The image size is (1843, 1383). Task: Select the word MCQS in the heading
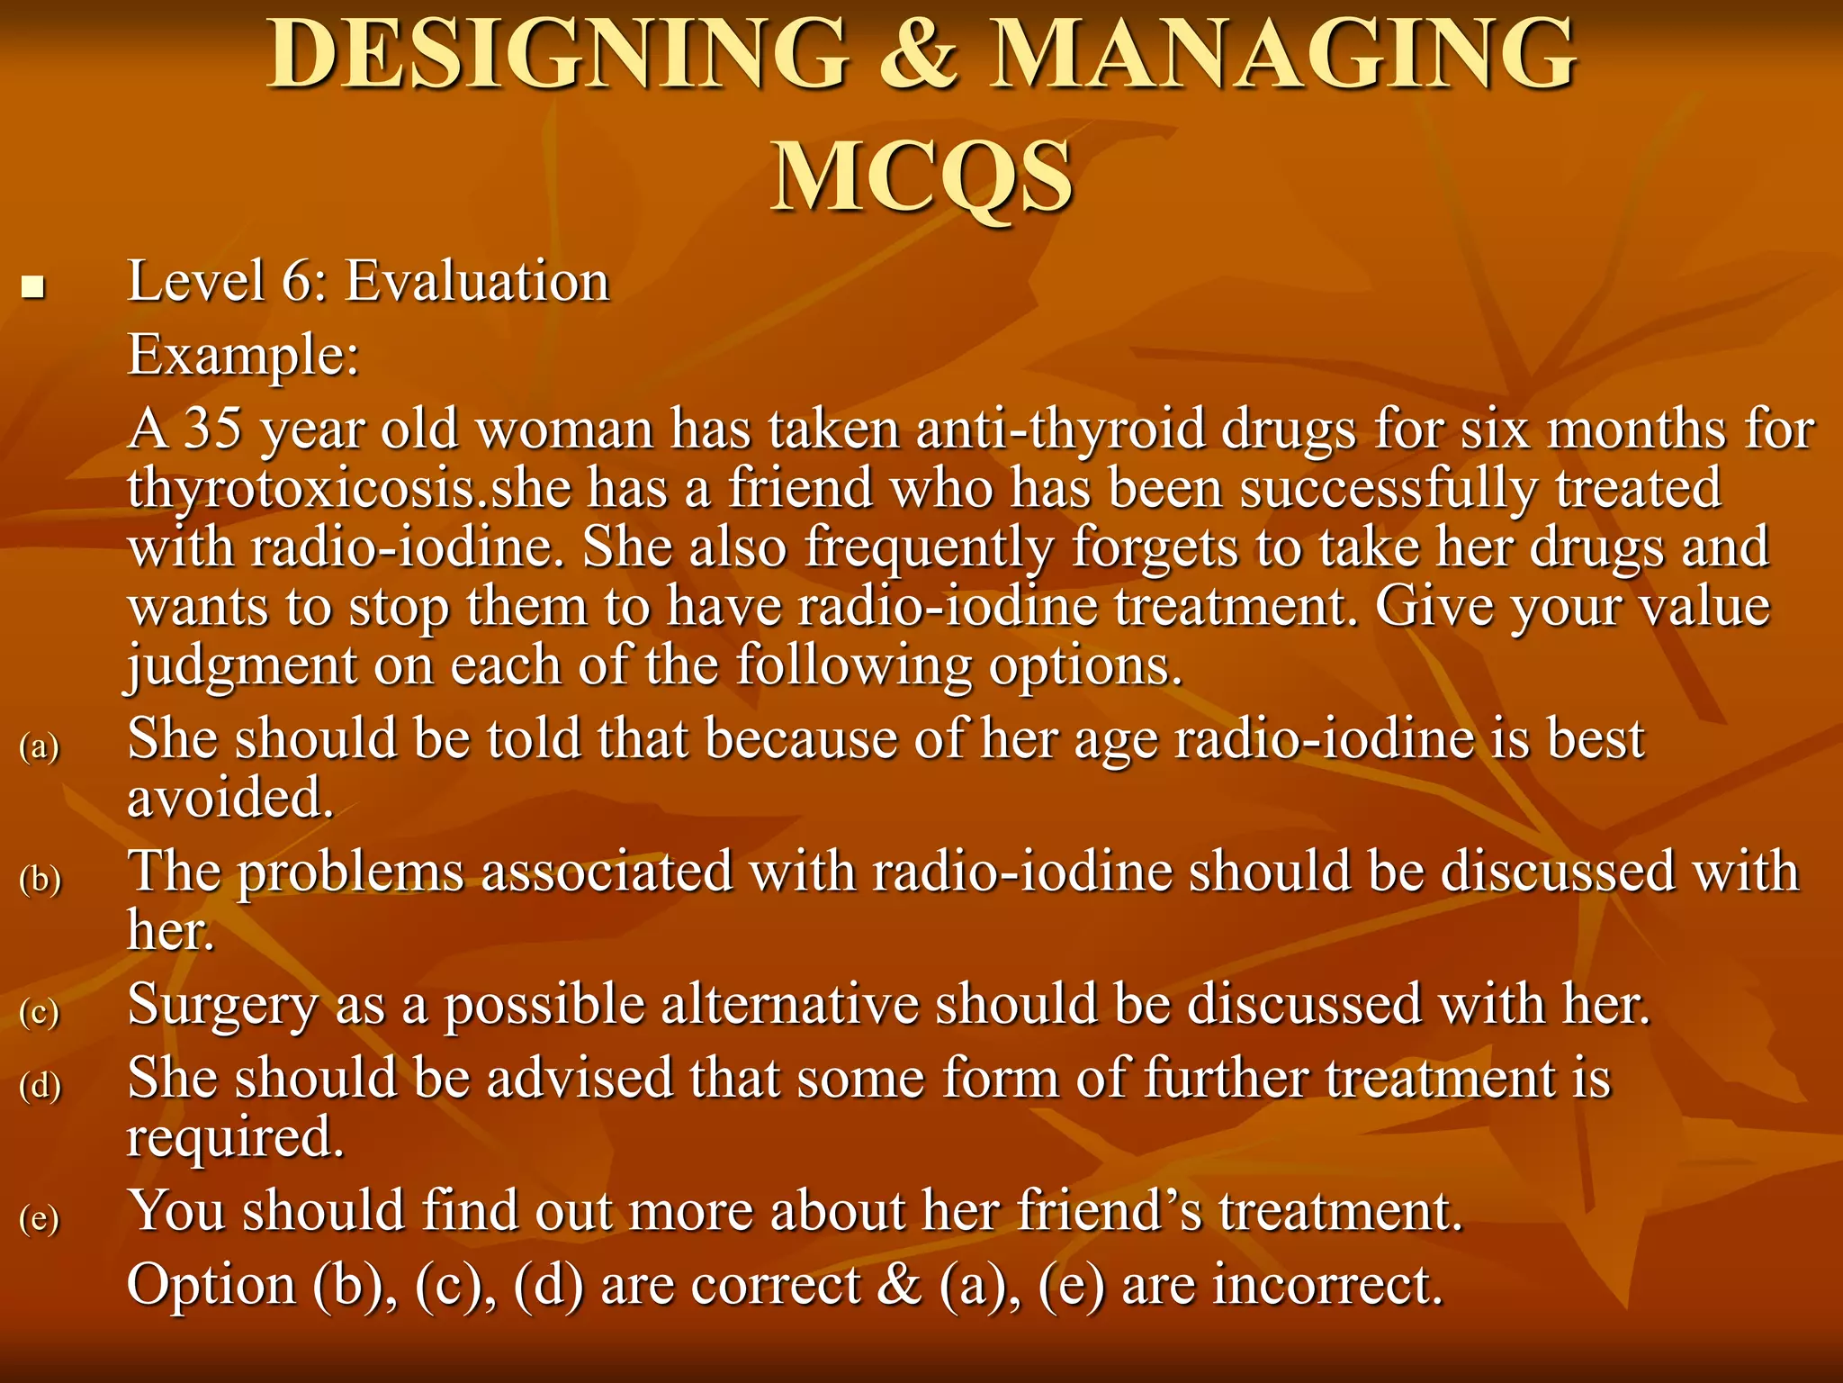[x=921, y=176]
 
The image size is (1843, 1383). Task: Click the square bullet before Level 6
[x=33, y=288]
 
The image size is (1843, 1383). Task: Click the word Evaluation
[x=478, y=281]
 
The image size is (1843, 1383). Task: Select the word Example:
[x=243, y=355]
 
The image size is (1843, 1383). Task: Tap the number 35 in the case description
[x=213, y=429]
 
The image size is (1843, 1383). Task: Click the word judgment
[x=241, y=667]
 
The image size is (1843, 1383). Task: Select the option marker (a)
[x=40, y=746]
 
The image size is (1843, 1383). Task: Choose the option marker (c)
[x=40, y=1011]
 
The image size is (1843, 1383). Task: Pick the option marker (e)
[x=40, y=1217]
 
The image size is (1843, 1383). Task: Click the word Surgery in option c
[x=222, y=1006]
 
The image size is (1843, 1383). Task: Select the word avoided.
[x=230, y=798]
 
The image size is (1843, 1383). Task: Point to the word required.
[x=236, y=1137]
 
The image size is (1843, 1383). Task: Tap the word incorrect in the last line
[x=1327, y=1285]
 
